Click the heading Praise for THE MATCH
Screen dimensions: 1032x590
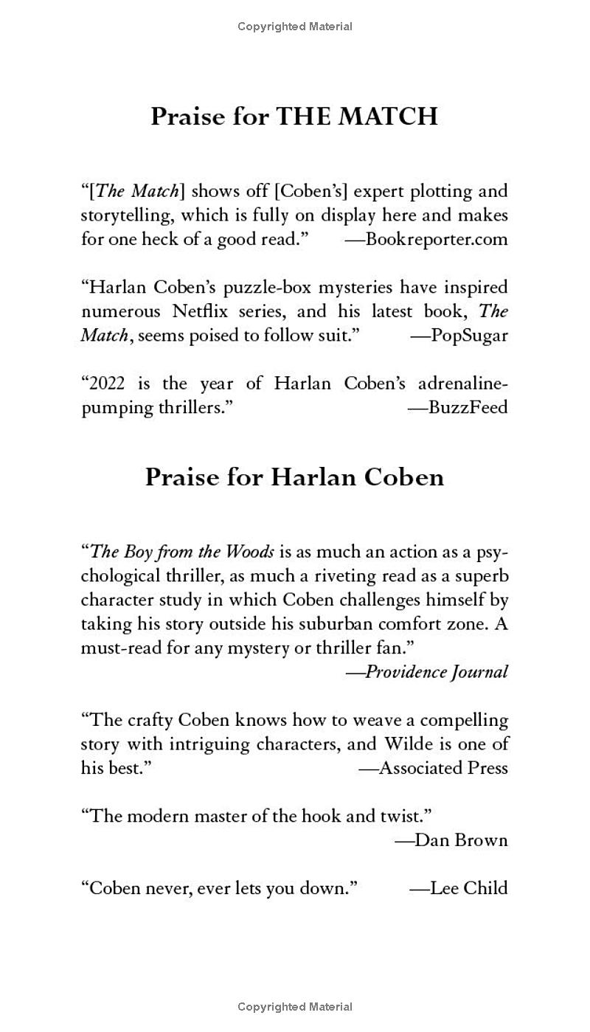coord(294,117)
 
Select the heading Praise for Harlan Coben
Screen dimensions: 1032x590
coord(294,477)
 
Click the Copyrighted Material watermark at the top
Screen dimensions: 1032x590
coord(294,27)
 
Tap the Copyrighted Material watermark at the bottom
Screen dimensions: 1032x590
coord(294,1006)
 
